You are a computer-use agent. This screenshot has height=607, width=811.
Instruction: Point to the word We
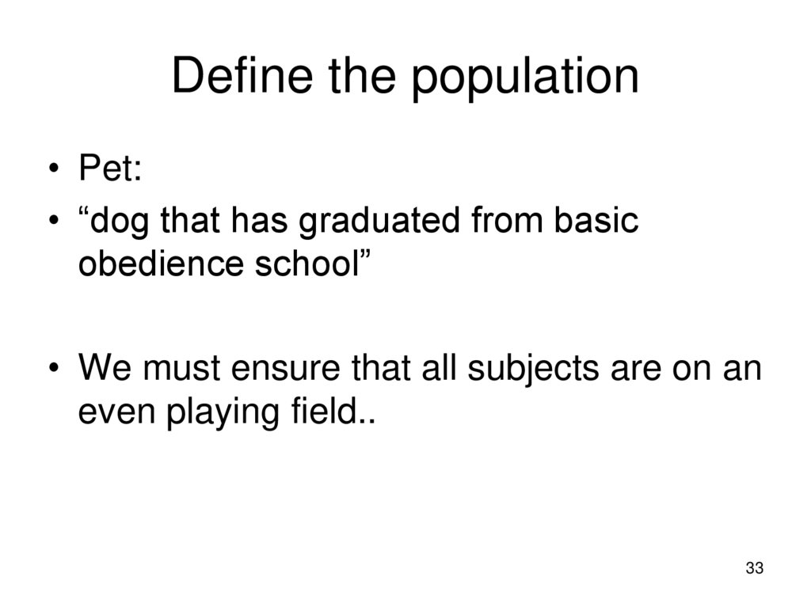[100, 370]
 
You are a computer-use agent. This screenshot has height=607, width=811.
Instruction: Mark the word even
[116, 412]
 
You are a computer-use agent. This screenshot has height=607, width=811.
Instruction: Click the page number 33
[754, 569]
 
